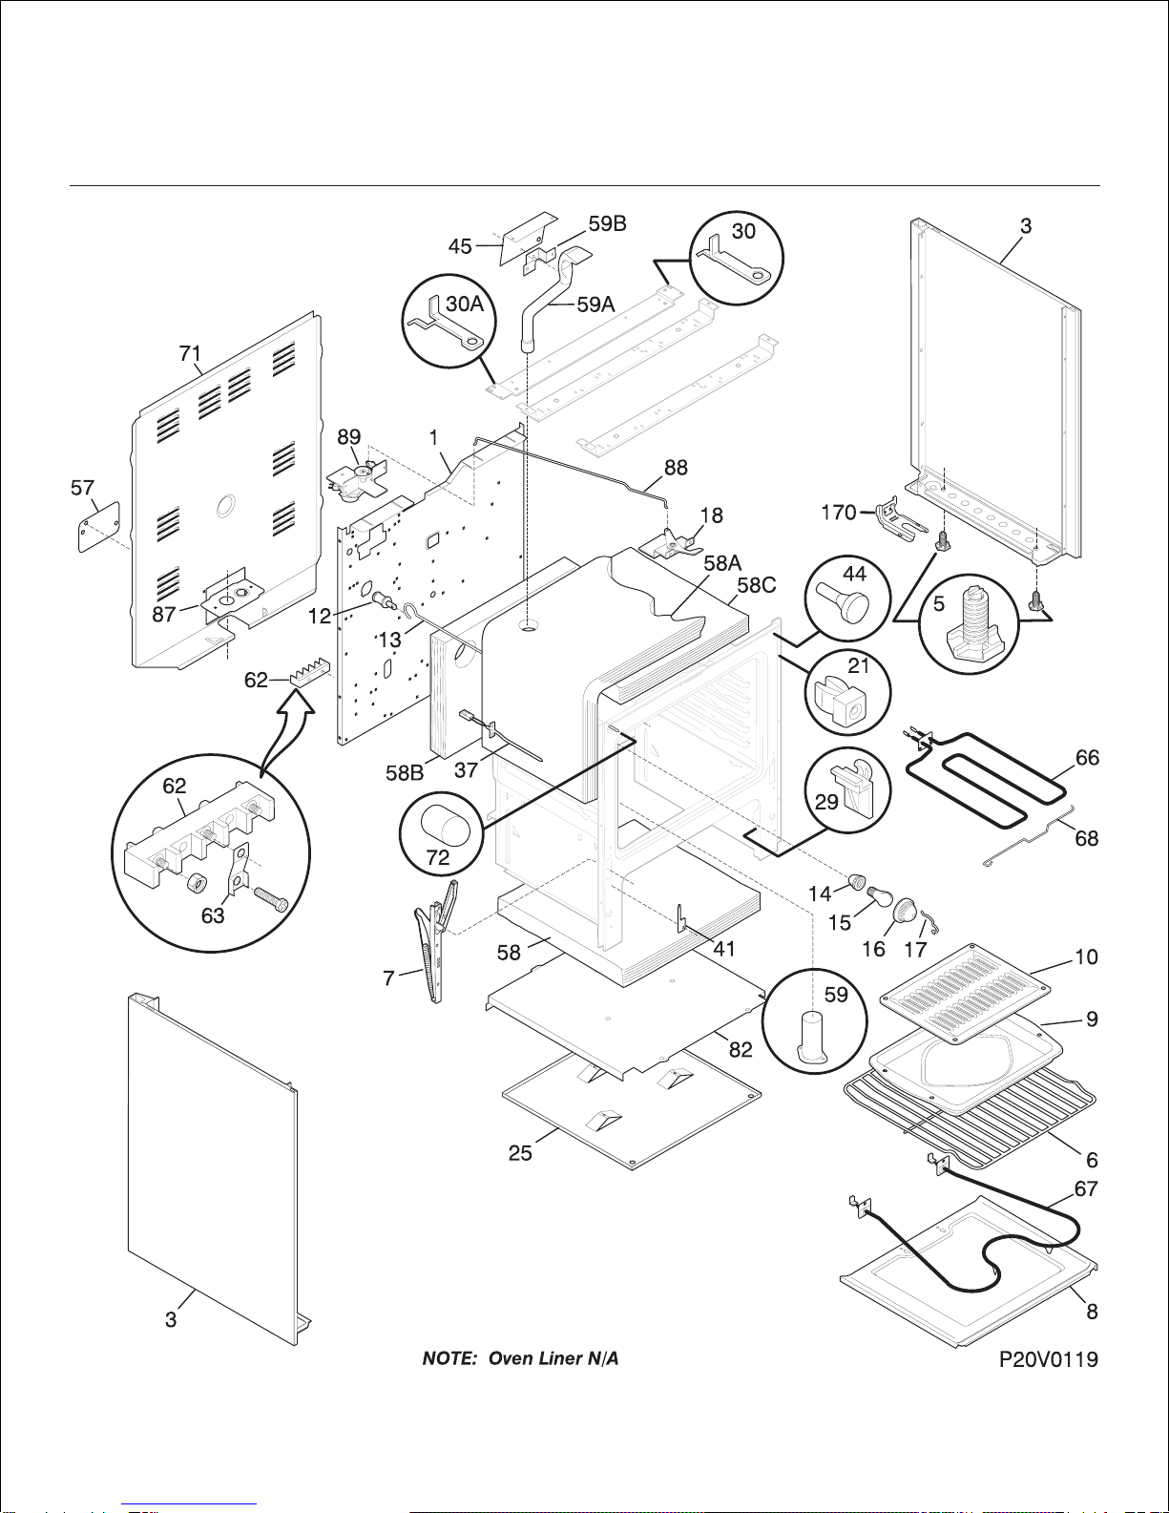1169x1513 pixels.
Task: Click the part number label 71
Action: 191,354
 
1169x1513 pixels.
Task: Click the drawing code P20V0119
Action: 1048,1360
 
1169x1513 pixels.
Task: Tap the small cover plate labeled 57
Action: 99,526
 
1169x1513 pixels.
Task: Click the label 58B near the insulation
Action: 405,773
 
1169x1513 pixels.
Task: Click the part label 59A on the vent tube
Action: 595,305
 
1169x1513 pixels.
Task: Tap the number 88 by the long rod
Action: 676,468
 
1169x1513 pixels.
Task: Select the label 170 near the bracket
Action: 839,513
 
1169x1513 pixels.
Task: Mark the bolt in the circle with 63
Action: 272,900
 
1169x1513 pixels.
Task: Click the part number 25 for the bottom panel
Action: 520,1153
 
